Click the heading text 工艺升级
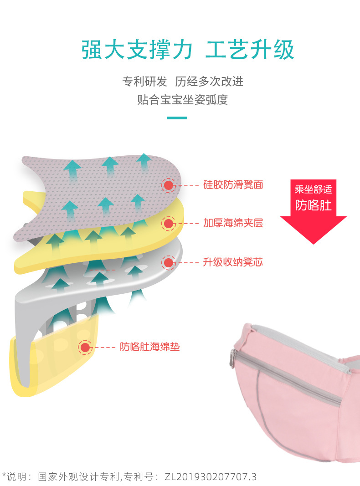tap(250, 50)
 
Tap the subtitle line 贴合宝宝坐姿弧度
tap(182, 100)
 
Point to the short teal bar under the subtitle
tap(177, 118)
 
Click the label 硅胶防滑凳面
tap(233, 185)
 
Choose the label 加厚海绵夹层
tap(233, 223)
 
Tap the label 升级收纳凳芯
tap(233, 262)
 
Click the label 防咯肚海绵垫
tap(150, 347)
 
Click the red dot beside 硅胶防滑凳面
tap(169, 185)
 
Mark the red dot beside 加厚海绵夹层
tap(169, 223)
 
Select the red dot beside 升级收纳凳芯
tap(169, 262)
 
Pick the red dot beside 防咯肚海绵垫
tap(85, 347)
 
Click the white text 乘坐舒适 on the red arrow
tap(314, 189)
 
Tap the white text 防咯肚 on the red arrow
tap(314, 205)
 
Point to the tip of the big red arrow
tap(314, 242)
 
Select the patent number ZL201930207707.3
tap(210, 477)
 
